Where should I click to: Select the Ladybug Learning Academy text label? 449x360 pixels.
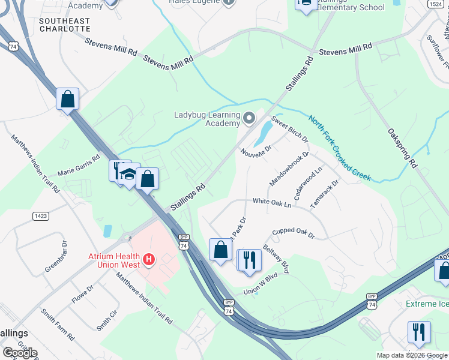pyautogui.click(x=207, y=119)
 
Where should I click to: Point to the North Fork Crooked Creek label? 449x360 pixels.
pyautogui.click(x=340, y=148)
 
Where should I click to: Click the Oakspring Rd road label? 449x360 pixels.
pyautogui.click(x=402, y=147)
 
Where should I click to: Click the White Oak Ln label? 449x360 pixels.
pyautogui.click(x=271, y=203)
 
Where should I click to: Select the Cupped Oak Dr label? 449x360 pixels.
pyautogui.click(x=293, y=233)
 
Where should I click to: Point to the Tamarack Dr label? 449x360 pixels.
pyautogui.click(x=325, y=193)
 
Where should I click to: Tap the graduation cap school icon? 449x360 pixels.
pyautogui.click(x=128, y=174)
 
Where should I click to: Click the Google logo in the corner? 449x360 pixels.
pyautogui.click(x=20, y=353)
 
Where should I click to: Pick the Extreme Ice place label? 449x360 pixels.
pyautogui.click(x=427, y=304)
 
